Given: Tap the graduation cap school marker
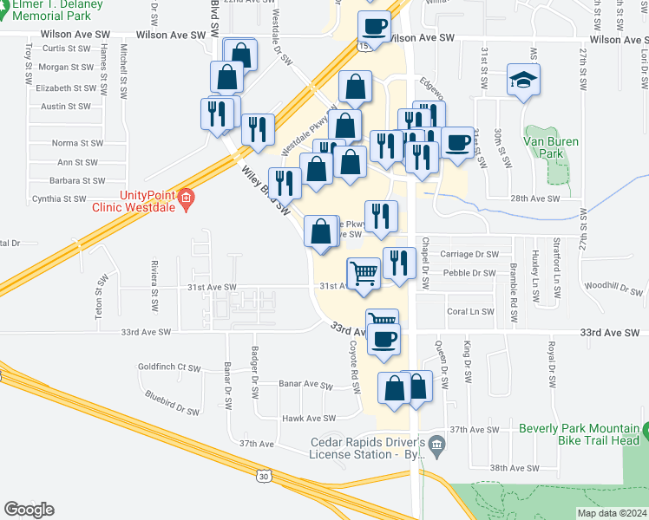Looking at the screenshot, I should [x=523, y=81].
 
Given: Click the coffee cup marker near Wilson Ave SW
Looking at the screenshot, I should [x=375, y=27].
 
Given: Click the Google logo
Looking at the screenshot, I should [x=29, y=510].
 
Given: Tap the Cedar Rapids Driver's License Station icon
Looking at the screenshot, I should [x=436, y=446].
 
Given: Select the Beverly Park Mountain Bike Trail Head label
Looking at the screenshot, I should [x=579, y=434].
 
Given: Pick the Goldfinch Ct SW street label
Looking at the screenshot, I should [x=169, y=367].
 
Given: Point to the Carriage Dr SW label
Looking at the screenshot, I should [x=469, y=255].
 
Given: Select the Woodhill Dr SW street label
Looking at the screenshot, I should [x=611, y=285].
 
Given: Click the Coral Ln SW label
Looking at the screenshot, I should [x=469, y=312].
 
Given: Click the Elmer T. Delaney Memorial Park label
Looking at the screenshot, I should [x=57, y=9].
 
